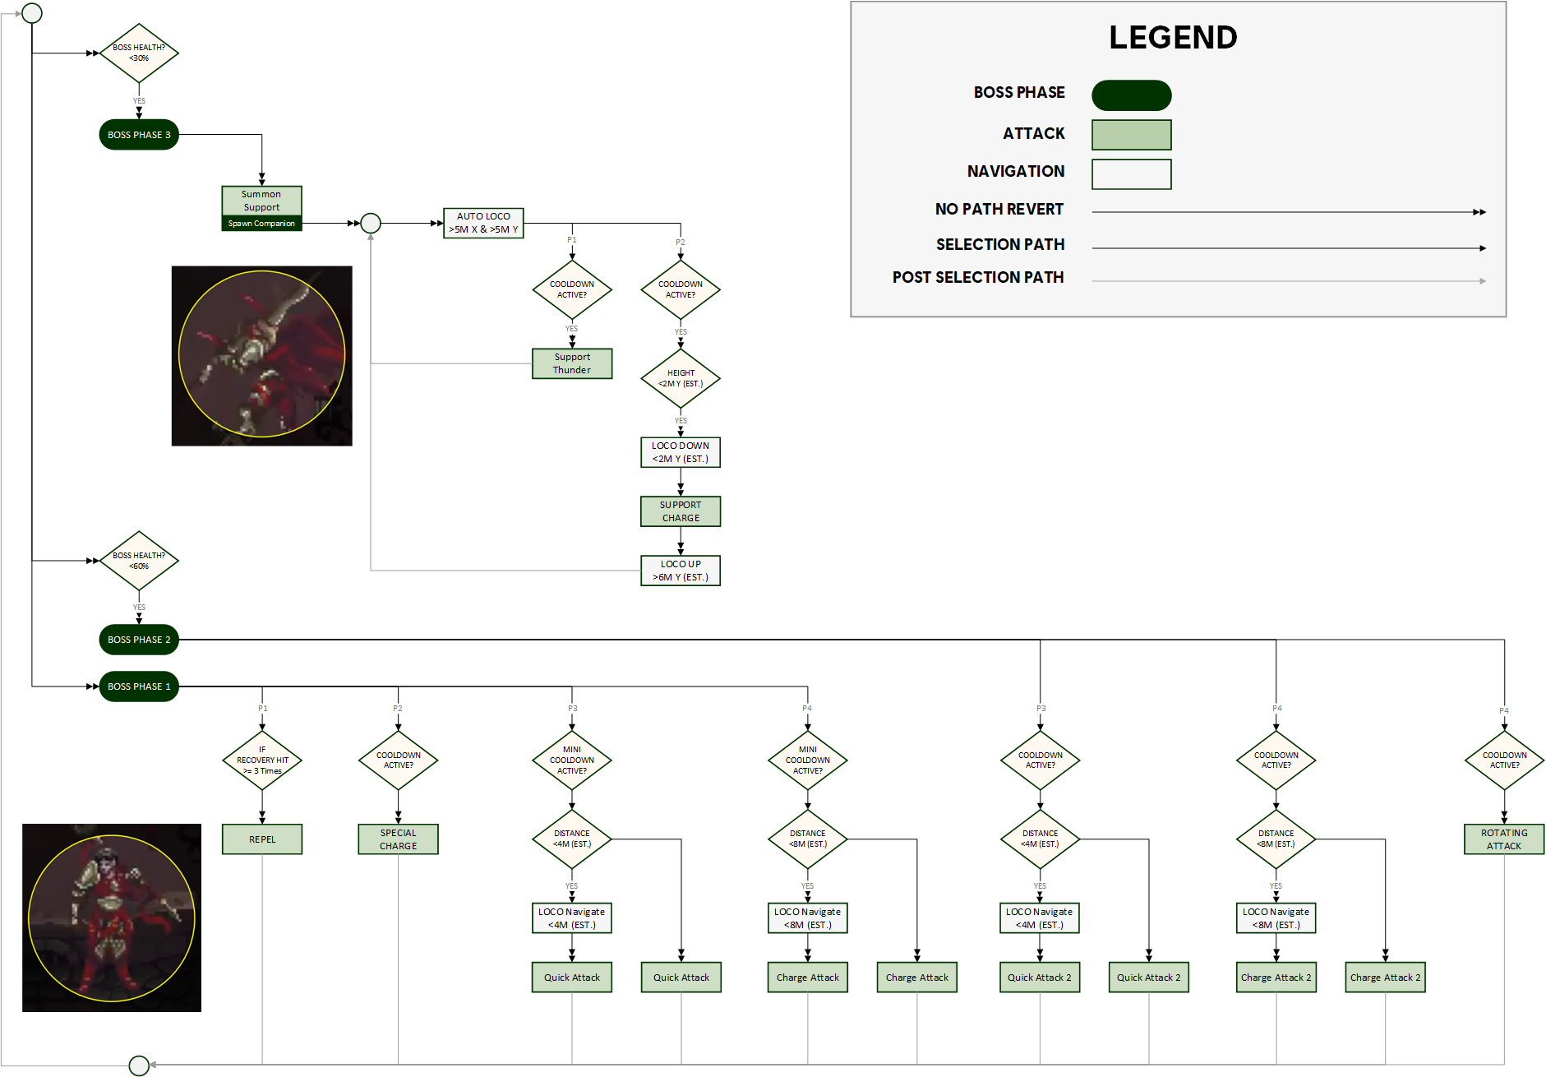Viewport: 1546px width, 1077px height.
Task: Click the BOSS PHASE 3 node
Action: pos(139,135)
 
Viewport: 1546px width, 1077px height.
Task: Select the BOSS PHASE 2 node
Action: pos(139,640)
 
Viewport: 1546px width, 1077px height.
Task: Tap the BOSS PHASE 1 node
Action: pos(139,686)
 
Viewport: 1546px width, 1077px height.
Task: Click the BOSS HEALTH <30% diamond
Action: pos(139,53)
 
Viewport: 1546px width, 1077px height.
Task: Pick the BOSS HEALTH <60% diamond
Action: pos(139,561)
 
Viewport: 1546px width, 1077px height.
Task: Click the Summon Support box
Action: pos(261,201)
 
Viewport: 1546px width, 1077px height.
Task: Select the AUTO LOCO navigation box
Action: pos(483,223)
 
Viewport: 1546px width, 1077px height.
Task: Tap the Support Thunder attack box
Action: pos(572,363)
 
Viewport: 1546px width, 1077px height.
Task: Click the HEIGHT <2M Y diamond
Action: pos(681,378)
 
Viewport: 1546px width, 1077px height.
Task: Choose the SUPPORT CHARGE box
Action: pos(681,511)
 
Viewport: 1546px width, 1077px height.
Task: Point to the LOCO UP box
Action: pos(681,571)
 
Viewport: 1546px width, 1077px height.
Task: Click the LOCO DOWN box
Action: pos(681,452)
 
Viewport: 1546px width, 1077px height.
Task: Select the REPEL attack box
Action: pos(262,839)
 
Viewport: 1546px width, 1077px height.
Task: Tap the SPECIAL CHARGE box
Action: pos(398,839)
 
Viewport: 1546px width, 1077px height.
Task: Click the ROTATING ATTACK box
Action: pos(1504,839)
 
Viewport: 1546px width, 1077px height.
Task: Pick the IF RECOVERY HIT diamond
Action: pos(262,760)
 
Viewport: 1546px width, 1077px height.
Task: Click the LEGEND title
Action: pos(1173,38)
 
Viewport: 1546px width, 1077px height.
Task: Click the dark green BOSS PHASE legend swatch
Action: pos(1131,95)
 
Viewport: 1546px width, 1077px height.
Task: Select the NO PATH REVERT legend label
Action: pos(999,210)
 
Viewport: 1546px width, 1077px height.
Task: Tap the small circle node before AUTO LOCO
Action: pos(371,223)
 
